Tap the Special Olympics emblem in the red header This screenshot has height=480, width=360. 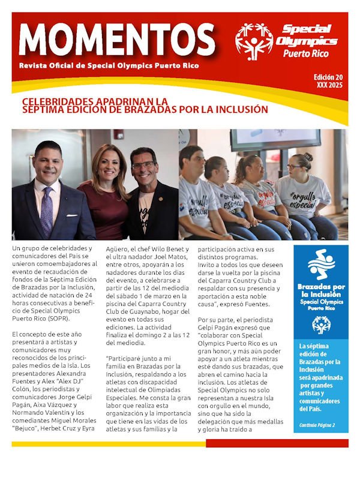coord(253,40)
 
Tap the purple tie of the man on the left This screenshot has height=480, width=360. coord(47,211)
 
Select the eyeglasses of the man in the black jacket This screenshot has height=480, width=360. coord(143,166)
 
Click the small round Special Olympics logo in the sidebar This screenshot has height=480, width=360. coord(320,325)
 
